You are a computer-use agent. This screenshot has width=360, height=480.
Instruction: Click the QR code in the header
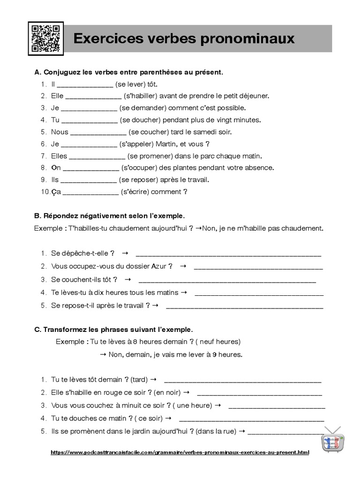45,38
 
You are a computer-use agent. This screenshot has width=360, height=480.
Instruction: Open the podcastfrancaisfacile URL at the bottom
180,453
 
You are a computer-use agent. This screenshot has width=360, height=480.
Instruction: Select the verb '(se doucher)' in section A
141,120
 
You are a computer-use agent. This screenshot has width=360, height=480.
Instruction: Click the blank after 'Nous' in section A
97,132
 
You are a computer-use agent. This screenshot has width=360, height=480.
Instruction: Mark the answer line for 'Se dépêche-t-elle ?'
228,255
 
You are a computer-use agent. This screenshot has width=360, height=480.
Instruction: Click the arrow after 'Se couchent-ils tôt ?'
127,279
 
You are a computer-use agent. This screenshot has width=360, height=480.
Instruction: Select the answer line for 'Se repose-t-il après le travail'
245,307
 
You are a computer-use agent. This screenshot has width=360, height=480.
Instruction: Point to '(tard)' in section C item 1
139,379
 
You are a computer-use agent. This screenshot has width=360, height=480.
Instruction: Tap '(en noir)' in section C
167,392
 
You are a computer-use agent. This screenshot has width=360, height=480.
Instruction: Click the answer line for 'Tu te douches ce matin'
251,419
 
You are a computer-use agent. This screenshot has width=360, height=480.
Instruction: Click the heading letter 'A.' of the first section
38,73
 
